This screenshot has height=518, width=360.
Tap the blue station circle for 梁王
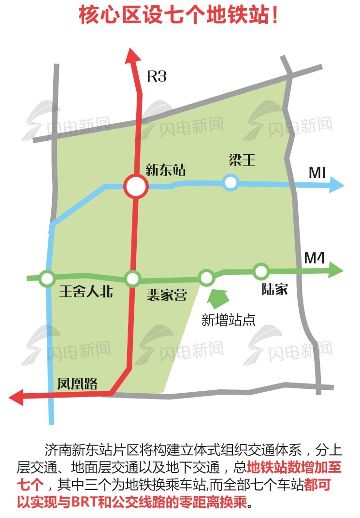[x=231, y=182]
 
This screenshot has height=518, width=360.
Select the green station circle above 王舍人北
[x=47, y=278]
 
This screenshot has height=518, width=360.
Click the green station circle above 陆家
[x=261, y=271]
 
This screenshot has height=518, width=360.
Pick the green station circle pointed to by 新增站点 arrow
[x=206, y=278]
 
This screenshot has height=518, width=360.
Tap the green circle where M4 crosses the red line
[x=132, y=279]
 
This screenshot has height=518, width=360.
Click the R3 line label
[x=157, y=76]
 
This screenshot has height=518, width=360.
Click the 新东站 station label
[x=166, y=170]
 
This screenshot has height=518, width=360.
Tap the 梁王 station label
[x=242, y=161]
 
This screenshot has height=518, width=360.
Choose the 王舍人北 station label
[x=86, y=292]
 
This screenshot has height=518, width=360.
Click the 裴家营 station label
[x=167, y=295]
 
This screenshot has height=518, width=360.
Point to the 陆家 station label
[x=274, y=290]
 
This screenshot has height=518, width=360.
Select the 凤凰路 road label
[x=77, y=384]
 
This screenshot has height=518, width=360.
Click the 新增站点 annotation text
[x=228, y=320]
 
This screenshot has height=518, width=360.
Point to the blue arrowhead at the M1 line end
[x=336, y=185]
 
